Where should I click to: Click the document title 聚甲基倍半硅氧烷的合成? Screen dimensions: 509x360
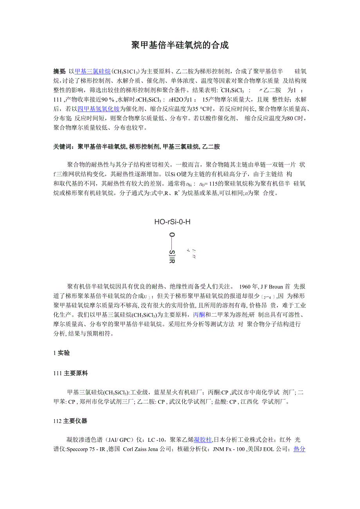pos(180,45)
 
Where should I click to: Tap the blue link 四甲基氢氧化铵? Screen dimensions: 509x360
pos(99,109)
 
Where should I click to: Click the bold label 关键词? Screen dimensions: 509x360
pos(64,147)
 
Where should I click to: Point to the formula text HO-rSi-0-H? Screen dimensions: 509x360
pos(172,222)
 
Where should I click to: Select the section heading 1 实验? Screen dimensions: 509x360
pos(61,353)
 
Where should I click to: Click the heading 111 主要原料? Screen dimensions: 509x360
pos(71,373)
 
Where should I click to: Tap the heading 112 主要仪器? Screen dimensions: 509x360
pos(70,421)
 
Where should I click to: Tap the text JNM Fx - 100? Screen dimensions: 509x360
pos(229,449)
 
